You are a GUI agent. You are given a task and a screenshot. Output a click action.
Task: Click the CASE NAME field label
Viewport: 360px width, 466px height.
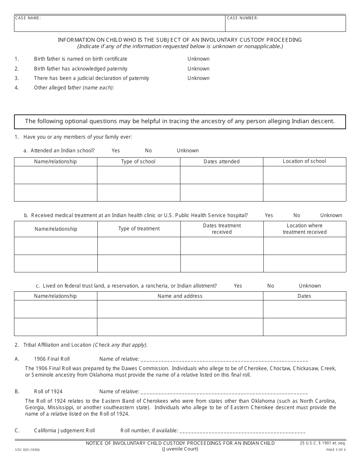(x=28, y=18)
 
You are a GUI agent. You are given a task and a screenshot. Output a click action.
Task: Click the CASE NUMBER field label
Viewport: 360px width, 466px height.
(x=243, y=18)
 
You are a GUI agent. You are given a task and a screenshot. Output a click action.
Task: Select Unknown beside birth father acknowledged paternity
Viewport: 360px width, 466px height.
(x=198, y=69)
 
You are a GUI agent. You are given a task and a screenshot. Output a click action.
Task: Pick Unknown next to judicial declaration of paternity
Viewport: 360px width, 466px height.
(x=198, y=78)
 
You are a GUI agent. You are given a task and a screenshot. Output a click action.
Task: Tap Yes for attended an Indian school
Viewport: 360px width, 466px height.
(x=116, y=150)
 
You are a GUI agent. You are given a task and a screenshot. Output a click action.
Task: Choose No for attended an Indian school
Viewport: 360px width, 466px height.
(x=148, y=150)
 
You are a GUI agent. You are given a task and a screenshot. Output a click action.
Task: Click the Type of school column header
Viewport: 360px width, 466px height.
(x=138, y=161)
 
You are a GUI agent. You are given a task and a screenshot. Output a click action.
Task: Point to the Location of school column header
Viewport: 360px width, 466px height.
(x=304, y=161)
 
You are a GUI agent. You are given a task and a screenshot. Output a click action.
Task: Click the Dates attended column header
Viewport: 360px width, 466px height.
(x=222, y=161)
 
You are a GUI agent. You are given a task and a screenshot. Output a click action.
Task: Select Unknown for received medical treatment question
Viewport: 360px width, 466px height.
(x=331, y=215)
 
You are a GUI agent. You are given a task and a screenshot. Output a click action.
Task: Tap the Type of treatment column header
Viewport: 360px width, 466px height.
(x=139, y=228)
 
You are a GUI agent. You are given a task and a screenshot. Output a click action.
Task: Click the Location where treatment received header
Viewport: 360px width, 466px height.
(x=305, y=229)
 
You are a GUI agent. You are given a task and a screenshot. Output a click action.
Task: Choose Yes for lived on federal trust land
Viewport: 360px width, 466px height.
(x=238, y=286)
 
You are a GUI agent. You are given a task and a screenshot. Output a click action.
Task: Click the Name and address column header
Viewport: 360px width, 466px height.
(x=180, y=296)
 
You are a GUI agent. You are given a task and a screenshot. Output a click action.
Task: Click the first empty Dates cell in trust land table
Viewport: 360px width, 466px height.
(x=304, y=309)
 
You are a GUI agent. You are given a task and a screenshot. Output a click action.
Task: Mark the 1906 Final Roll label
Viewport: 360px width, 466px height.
(x=52, y=359)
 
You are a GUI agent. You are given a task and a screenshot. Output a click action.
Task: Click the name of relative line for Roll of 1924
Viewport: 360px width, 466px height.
(x=224, y=392)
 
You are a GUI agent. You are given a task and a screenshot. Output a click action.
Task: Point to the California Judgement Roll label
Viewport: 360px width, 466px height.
(x=64, y=430)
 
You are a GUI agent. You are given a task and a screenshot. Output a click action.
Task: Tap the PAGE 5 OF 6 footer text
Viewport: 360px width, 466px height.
(x=336, y=450)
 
